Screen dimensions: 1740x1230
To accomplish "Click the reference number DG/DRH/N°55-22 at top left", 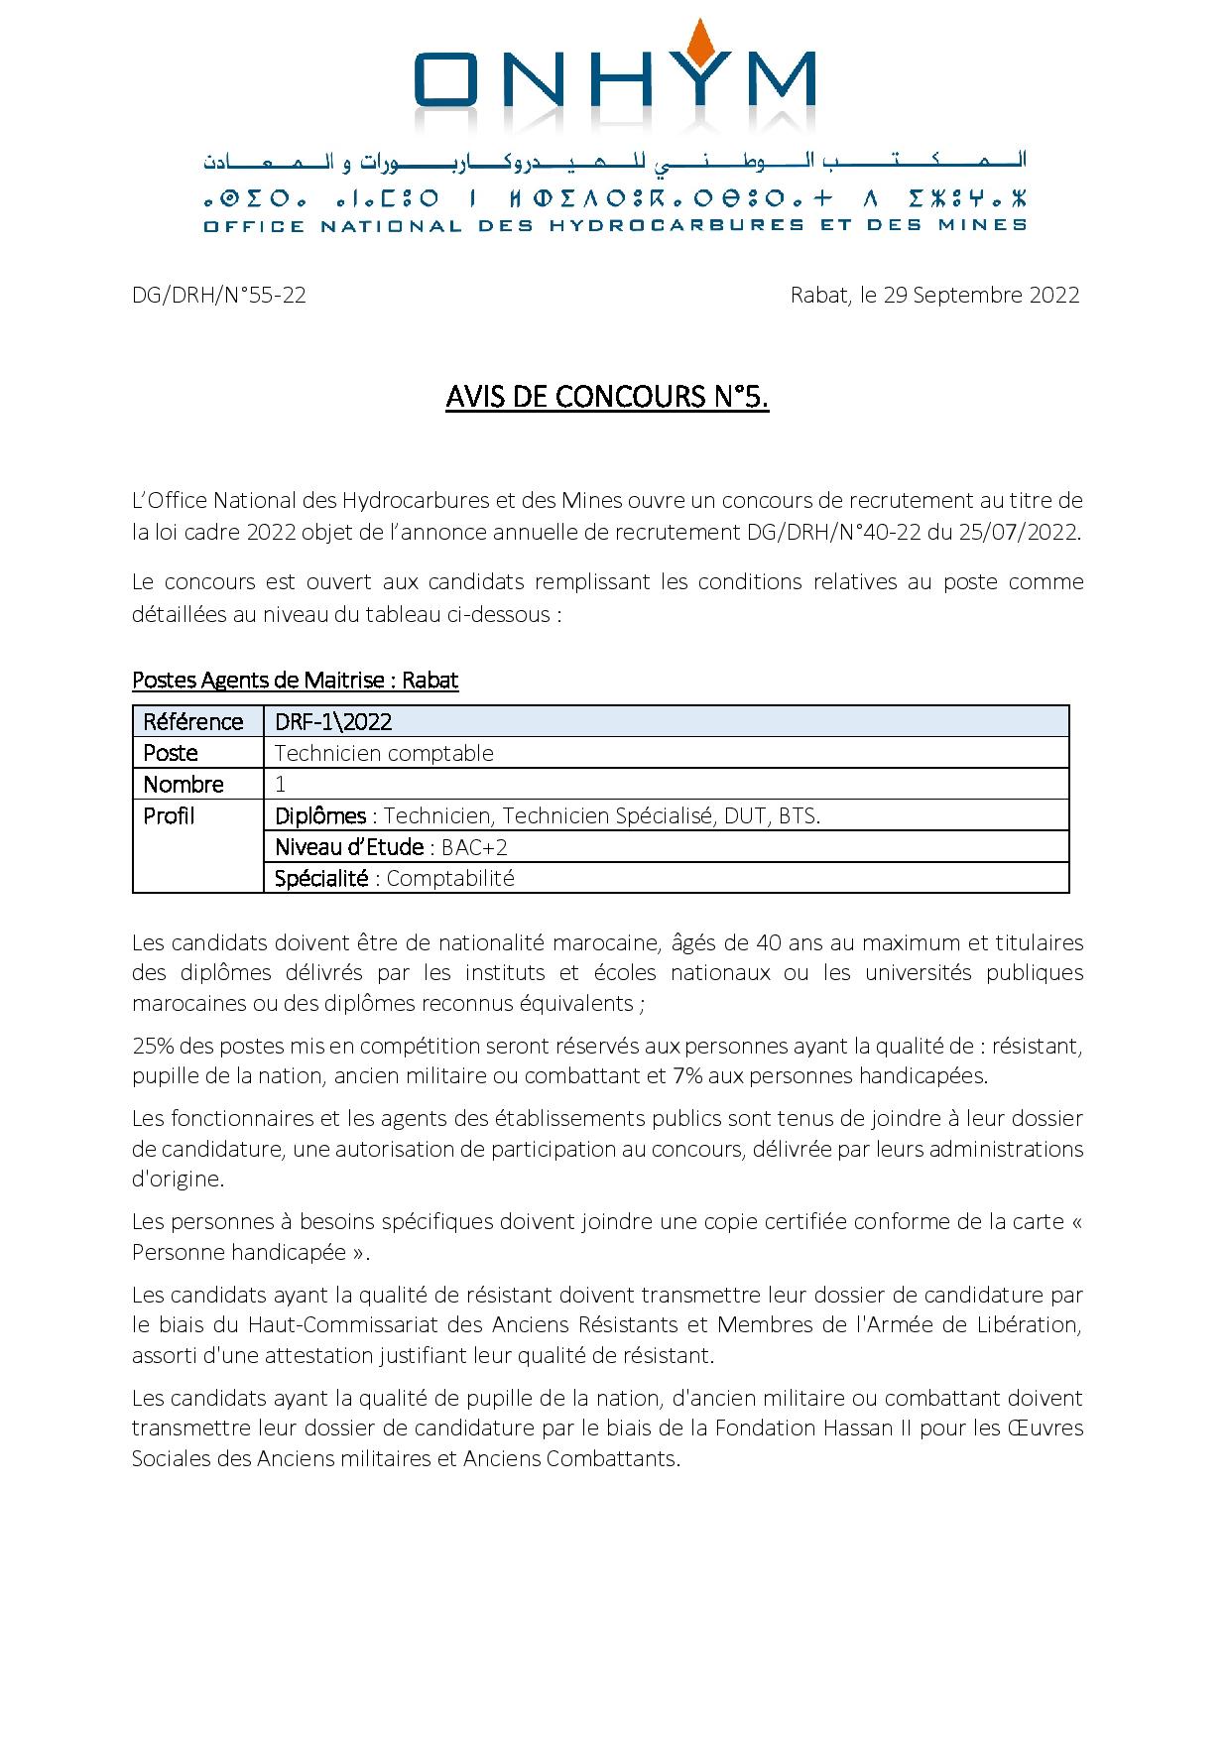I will coord(218,295).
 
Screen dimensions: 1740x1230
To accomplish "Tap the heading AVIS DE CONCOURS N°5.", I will coord(607,397).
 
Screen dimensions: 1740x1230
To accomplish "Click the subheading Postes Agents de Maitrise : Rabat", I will coord(295,681).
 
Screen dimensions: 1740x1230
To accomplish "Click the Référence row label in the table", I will coord(193,721).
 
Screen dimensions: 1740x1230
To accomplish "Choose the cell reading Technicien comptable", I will coord(384,753).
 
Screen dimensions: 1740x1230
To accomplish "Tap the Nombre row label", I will coord(184,785).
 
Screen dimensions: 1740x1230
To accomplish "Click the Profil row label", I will coord(169,815).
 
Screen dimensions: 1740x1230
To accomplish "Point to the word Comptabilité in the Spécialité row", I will coord(450,878).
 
